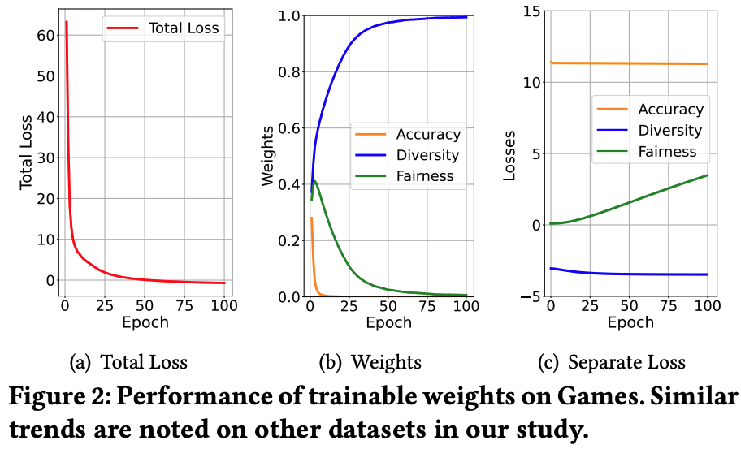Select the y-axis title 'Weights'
[267, 156]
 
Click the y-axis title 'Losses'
[509, 154]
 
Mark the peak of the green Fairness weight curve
[315, 181]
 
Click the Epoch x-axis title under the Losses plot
[630, 322]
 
